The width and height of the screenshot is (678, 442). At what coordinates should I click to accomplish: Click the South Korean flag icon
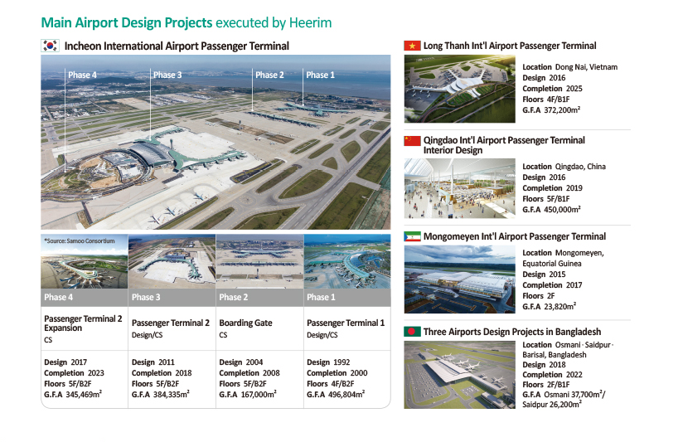51,46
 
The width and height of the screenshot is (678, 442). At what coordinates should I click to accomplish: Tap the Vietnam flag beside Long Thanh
412,46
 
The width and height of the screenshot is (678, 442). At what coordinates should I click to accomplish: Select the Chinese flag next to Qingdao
412,140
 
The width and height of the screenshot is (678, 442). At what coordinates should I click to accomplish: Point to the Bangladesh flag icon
412,332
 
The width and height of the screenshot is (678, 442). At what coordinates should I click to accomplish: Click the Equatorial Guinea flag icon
412,236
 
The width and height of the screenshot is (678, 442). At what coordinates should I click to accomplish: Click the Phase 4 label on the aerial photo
82,75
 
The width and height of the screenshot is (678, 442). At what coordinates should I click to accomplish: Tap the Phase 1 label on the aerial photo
321,75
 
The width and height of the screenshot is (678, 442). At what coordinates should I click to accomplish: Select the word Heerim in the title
311,22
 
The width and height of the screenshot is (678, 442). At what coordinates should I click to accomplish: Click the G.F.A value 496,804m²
346,395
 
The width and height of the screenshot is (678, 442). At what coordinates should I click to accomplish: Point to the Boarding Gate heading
245,323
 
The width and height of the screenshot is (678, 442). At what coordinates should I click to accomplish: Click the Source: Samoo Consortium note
80,240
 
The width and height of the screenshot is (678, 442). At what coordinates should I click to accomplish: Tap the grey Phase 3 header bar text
146,297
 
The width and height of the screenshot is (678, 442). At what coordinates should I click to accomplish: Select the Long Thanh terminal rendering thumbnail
460,89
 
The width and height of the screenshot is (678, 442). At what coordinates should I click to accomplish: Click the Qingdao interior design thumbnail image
460,188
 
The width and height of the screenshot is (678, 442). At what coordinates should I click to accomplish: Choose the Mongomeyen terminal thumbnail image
460,279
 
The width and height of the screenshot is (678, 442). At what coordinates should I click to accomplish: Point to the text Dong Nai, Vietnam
586,67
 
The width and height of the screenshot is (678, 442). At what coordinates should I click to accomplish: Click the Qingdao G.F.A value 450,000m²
562,209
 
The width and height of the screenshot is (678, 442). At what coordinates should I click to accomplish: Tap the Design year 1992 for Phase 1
341,362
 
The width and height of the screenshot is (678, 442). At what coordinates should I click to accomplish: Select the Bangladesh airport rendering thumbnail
460,375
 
